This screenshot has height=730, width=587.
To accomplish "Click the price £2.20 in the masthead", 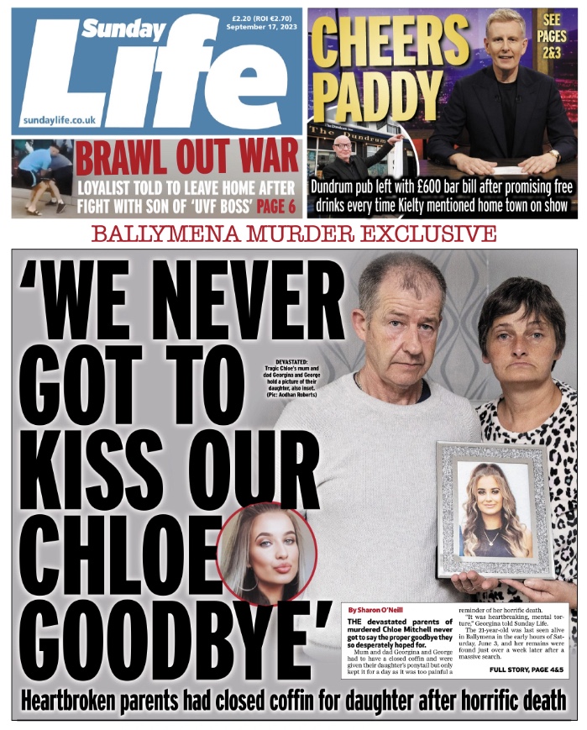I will pos(242,16).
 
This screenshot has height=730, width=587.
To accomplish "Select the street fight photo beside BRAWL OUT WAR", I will pos(42,179).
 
